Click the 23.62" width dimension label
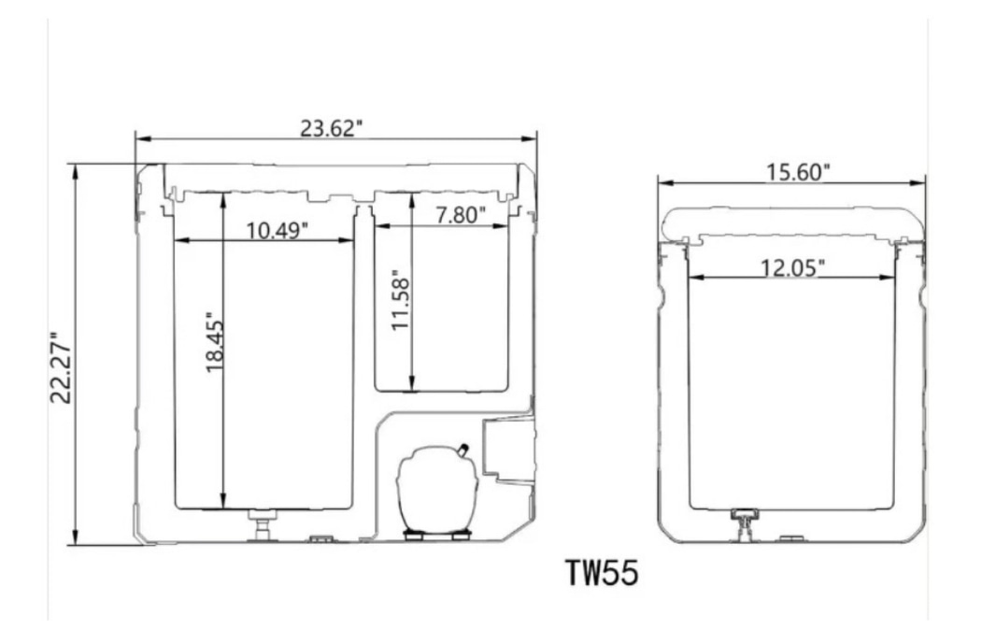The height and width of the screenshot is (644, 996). point(331,128)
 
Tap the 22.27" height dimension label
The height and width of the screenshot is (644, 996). point(61,367)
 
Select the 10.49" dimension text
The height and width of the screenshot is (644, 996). point(277,230)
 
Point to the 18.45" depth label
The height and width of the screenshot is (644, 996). point(215,341)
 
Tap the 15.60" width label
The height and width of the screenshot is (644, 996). point(798,172)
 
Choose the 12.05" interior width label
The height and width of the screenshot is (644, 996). point(792,267)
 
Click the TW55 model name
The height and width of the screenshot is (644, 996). point(602,572)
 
